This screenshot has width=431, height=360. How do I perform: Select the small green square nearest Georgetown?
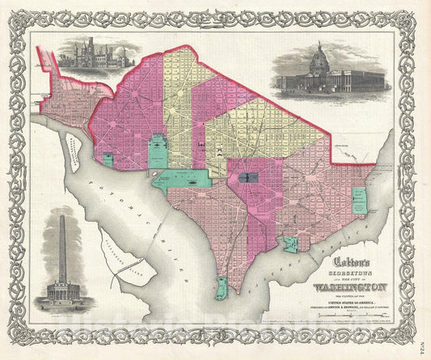(x=108, y=159)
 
